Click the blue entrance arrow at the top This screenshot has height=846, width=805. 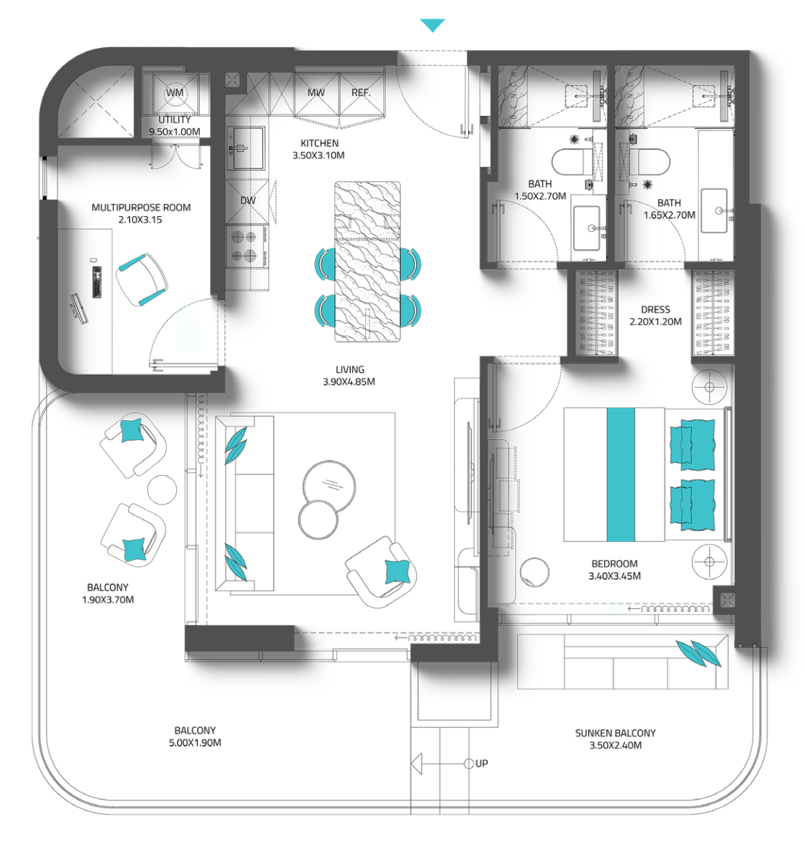coord(433,25)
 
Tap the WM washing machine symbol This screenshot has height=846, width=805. coord(174,93)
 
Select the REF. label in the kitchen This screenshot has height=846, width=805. coord(361,93)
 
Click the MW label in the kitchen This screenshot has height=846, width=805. coord(316,93)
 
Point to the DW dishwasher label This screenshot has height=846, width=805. coord(248,200)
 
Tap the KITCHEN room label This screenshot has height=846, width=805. coord(319,144)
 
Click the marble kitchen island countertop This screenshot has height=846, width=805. coord(367,262)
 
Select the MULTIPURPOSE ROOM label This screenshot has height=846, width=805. coord(141,208)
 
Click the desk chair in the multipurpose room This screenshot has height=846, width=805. coord(142,280)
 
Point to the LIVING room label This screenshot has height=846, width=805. coord(350,369)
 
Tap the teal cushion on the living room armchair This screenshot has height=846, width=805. coord(397,571)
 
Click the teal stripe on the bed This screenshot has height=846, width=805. coord(621,475)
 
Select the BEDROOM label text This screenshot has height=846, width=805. coord(614,564)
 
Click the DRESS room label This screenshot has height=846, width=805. coord(655,310)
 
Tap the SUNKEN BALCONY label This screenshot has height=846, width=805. coord(615,733)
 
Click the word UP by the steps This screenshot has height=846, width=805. coord(481,764)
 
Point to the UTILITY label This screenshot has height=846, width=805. coord(174,120)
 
